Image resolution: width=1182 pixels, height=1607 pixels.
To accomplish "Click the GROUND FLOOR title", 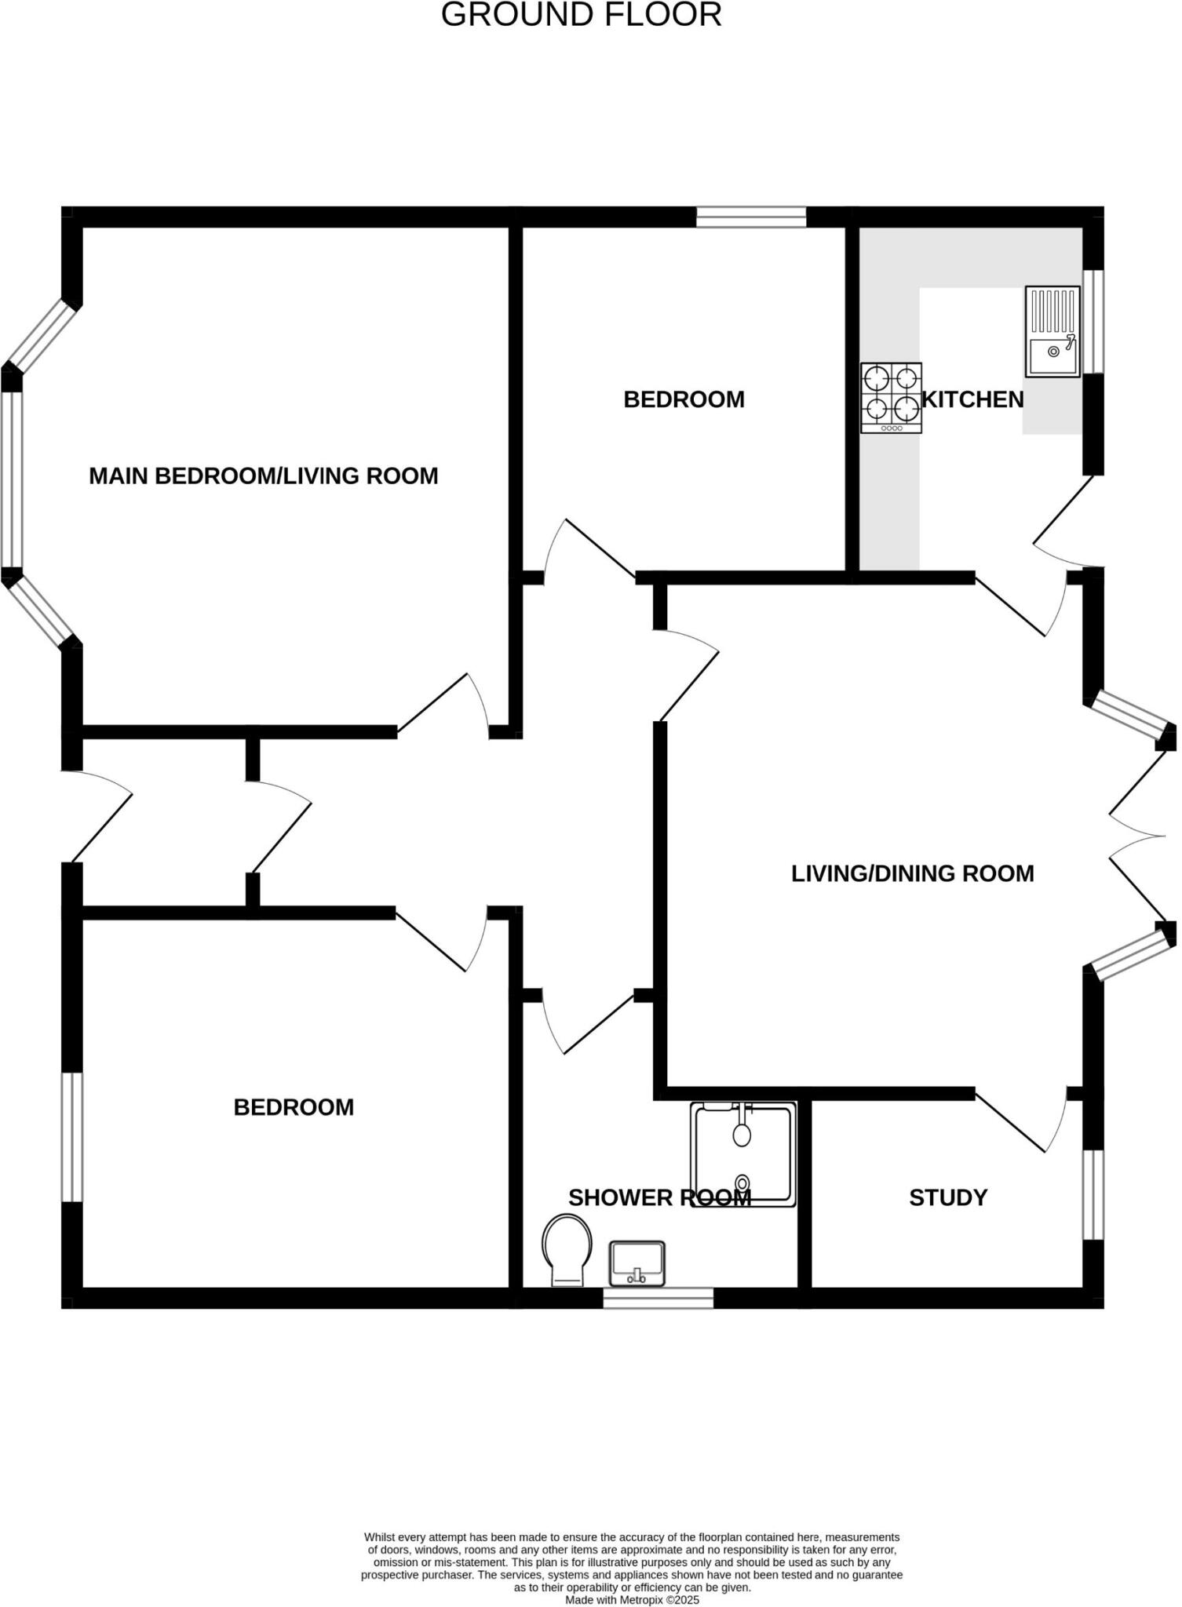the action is tap(582, 15).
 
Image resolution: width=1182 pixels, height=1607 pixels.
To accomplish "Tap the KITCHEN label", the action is tap(972, 400).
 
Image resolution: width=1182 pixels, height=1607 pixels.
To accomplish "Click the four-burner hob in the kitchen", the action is tap(891, 398).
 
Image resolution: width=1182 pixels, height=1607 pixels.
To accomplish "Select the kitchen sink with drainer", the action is tap(1052, 331).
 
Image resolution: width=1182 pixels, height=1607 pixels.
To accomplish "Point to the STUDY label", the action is tap(948, 1197).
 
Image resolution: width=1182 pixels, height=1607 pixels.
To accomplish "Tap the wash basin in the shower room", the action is tap(637, 1263).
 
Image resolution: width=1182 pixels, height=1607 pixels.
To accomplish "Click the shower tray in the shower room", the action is tap(743, 1153).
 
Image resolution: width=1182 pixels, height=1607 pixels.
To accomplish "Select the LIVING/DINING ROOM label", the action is tap(913, 873).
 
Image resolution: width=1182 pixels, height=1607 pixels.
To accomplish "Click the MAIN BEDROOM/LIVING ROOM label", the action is tap(264, 476).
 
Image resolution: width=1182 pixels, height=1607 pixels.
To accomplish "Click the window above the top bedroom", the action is tap(751, 217).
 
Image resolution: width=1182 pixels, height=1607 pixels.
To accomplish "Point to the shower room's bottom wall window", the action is tap(658, 1298).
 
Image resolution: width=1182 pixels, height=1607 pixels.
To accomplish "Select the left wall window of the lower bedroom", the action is tap(72, 1137).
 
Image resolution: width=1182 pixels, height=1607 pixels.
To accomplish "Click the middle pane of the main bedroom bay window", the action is tap(12, 479).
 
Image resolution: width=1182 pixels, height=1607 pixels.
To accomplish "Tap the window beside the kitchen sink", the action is tap(1093, 322).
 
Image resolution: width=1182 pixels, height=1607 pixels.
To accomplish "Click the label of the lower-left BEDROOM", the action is tap(294, 1107).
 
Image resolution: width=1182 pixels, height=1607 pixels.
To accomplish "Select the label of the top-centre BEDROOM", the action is tap(684, 399).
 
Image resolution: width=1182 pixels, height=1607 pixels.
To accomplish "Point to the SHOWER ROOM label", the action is tap(659, 1197).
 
